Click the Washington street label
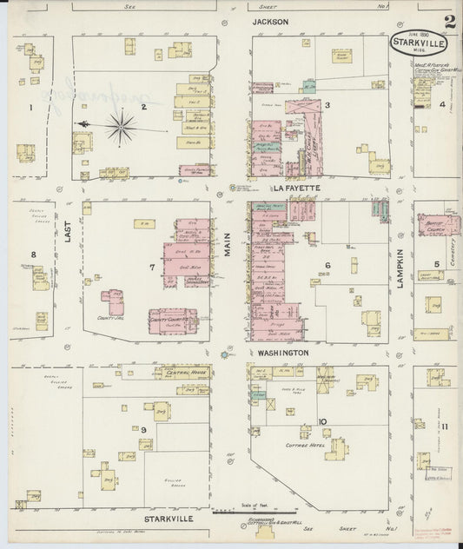pyautogui.click(x=282, y=354)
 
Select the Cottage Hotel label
pyautogui.click(x=304, y=443)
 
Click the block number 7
pyautogui.click(x=152, y=267)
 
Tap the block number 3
pyautogui.click(x=327, y=106)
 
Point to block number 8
pyautogui.click(x=34, y=255)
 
